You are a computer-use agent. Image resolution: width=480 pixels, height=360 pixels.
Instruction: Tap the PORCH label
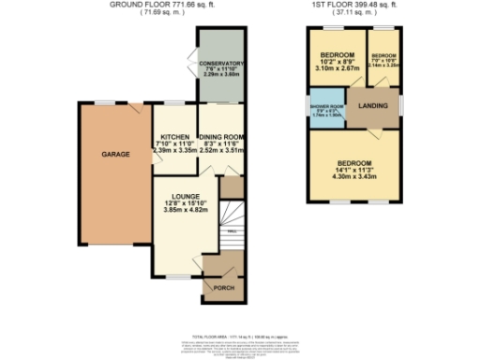(224, 289)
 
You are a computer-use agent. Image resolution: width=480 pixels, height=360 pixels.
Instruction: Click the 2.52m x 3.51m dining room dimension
(220, 148)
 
